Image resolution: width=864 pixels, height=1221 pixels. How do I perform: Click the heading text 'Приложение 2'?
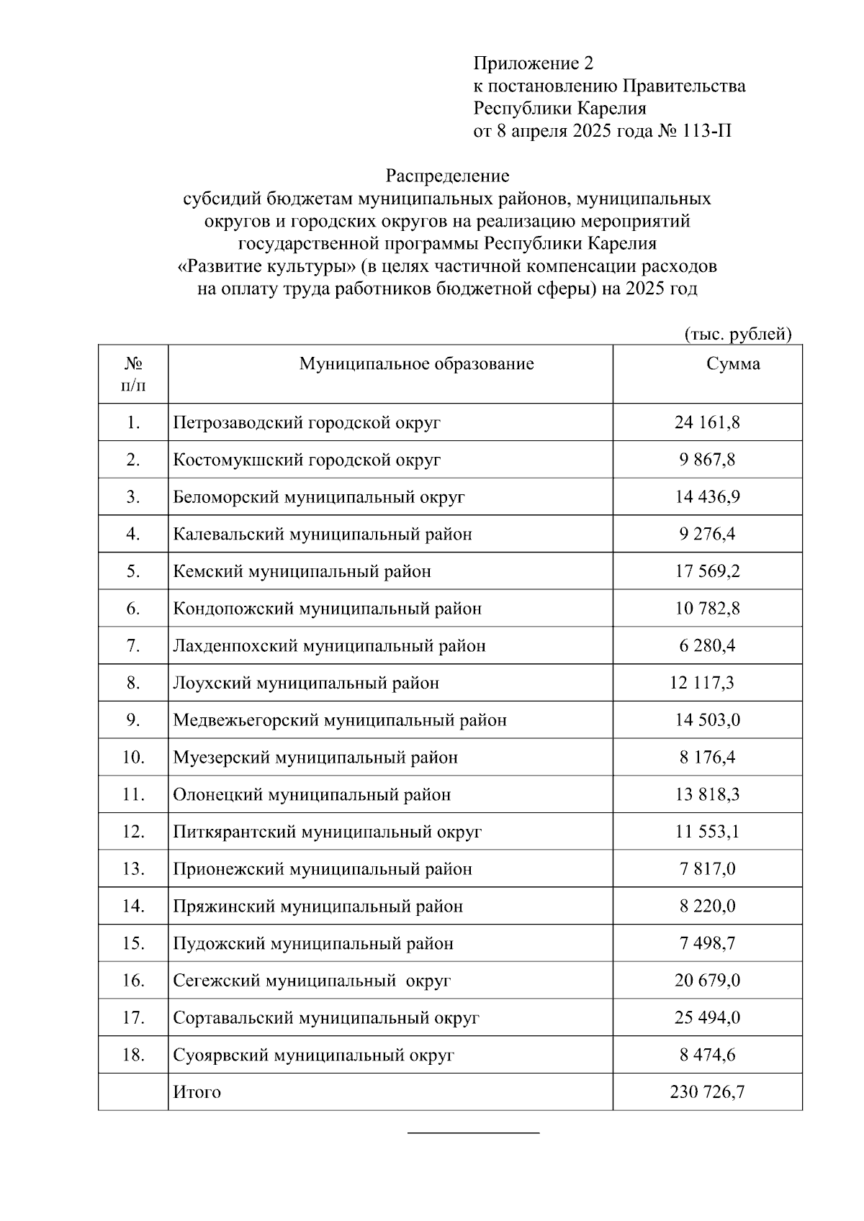533,63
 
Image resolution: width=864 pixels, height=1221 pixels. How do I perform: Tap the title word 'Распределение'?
447,176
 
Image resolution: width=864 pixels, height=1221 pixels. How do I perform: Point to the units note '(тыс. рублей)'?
737,334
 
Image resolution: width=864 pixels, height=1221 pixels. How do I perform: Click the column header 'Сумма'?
733,364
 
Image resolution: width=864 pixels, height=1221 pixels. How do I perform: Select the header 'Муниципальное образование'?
416,364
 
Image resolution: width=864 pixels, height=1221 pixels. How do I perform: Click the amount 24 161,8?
706,422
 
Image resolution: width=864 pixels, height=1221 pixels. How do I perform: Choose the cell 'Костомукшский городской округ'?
307,460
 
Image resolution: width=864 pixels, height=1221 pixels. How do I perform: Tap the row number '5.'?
133,571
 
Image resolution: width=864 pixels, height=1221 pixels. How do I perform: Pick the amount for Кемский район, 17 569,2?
706,571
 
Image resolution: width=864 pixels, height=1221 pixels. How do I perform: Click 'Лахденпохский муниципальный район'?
329,646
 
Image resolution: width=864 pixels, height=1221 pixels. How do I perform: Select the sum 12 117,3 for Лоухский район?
701,683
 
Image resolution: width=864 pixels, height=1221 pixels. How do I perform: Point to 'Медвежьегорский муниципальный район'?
340,720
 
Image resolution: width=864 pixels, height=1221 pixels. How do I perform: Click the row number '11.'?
133,795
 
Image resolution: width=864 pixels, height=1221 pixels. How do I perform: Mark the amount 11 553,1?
706,832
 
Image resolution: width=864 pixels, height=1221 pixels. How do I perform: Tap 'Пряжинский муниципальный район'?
318,907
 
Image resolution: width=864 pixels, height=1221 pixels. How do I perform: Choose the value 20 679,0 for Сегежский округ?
706,981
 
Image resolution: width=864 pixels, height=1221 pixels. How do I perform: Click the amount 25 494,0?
706,1018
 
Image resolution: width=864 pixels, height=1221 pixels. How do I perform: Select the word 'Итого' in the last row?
197,1092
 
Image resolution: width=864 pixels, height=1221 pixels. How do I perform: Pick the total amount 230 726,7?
706,1092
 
